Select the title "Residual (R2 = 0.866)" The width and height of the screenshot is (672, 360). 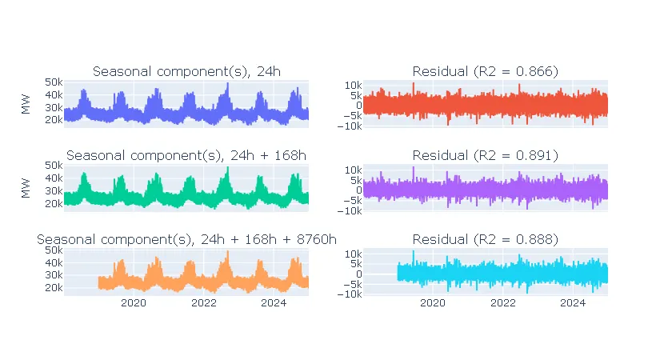485,71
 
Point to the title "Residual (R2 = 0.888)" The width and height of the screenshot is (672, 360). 485,238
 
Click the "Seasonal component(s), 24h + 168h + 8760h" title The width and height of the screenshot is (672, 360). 186,238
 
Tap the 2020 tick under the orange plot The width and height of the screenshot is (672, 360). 133,302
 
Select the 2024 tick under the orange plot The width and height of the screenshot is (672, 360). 274,302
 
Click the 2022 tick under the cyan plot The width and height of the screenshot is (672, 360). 503,302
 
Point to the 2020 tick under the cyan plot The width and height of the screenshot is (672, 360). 433,302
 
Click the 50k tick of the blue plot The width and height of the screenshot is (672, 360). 54,82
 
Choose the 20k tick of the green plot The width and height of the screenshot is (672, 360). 54,203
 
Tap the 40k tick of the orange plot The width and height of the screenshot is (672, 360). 54,262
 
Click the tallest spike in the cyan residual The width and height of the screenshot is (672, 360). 414,252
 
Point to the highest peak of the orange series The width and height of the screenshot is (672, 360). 227,252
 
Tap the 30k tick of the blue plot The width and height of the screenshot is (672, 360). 54,107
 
